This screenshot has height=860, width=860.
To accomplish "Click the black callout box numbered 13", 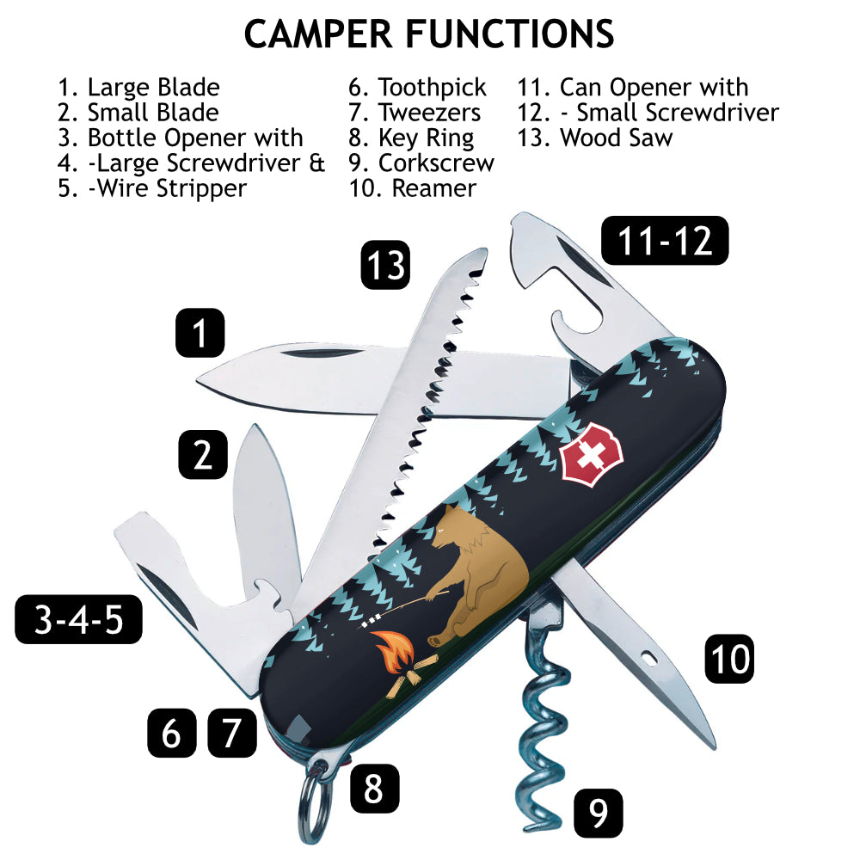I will (385, 265).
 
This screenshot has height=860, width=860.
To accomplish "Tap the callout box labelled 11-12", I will (665, 240).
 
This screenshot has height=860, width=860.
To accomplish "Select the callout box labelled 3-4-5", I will (78, 619).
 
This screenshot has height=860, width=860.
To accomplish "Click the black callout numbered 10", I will (729, 660).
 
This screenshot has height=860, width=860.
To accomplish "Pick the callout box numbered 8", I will (374, 788).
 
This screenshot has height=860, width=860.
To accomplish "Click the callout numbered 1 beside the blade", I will (200, 333).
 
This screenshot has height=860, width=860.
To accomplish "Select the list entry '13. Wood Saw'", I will (594, 138).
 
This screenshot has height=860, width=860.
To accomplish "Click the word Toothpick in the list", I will (433, 88).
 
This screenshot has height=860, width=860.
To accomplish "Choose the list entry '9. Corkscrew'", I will (421, 163).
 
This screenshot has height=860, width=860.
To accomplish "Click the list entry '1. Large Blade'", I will (138, 88).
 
